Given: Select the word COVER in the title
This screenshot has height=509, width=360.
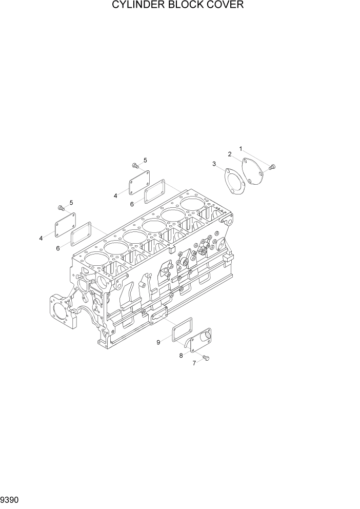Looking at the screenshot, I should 226,6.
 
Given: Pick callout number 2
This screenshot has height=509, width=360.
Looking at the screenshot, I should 230,153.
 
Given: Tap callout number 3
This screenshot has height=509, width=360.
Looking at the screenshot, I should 214,164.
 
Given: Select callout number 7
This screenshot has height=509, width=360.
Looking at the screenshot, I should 194,363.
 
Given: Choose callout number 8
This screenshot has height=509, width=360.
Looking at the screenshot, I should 181,355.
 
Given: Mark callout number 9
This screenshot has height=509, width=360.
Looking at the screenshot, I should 158,342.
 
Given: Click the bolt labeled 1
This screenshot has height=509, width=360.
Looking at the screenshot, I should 272,166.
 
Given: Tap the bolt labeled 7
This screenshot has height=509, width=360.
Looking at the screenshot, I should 206,358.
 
